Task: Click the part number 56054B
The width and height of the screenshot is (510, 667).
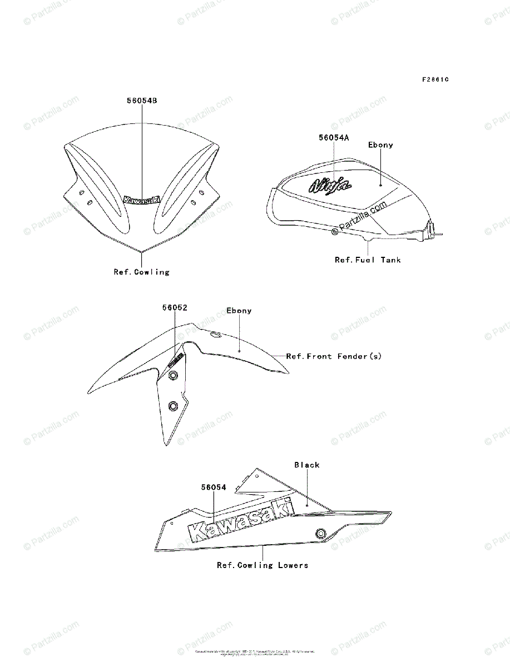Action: tap(141, 101)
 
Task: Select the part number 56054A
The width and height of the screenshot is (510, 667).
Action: tap(334, 137)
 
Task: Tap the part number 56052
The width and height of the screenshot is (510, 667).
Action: tap(175, 307)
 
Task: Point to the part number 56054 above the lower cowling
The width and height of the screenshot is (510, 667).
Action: tap(214, 487)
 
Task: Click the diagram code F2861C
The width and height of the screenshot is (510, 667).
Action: tap(435, 79)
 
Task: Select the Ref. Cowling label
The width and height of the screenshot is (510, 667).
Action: tap(141, 272)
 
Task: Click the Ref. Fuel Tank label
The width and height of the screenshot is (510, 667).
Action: tap(368, 260)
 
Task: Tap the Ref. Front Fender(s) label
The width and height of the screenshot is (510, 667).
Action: tap(334, 356)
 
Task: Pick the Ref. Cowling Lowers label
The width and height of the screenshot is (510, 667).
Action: tap(263, 565)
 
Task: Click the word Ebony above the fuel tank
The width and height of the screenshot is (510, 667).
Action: tap(380, 145)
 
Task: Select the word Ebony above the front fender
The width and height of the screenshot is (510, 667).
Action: tap(239, 311)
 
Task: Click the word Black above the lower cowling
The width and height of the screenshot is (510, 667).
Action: tap(307, 465)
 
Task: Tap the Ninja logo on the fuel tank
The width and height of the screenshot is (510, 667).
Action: tap(330, 185)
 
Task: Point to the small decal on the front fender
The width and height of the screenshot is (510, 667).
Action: tap(176, 360)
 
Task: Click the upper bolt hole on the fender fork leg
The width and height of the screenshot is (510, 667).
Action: tap(172, 376)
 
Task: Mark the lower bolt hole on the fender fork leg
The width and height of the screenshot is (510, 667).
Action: tap(172, 406)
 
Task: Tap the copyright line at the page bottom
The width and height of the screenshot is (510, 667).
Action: tap(255, 652)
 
